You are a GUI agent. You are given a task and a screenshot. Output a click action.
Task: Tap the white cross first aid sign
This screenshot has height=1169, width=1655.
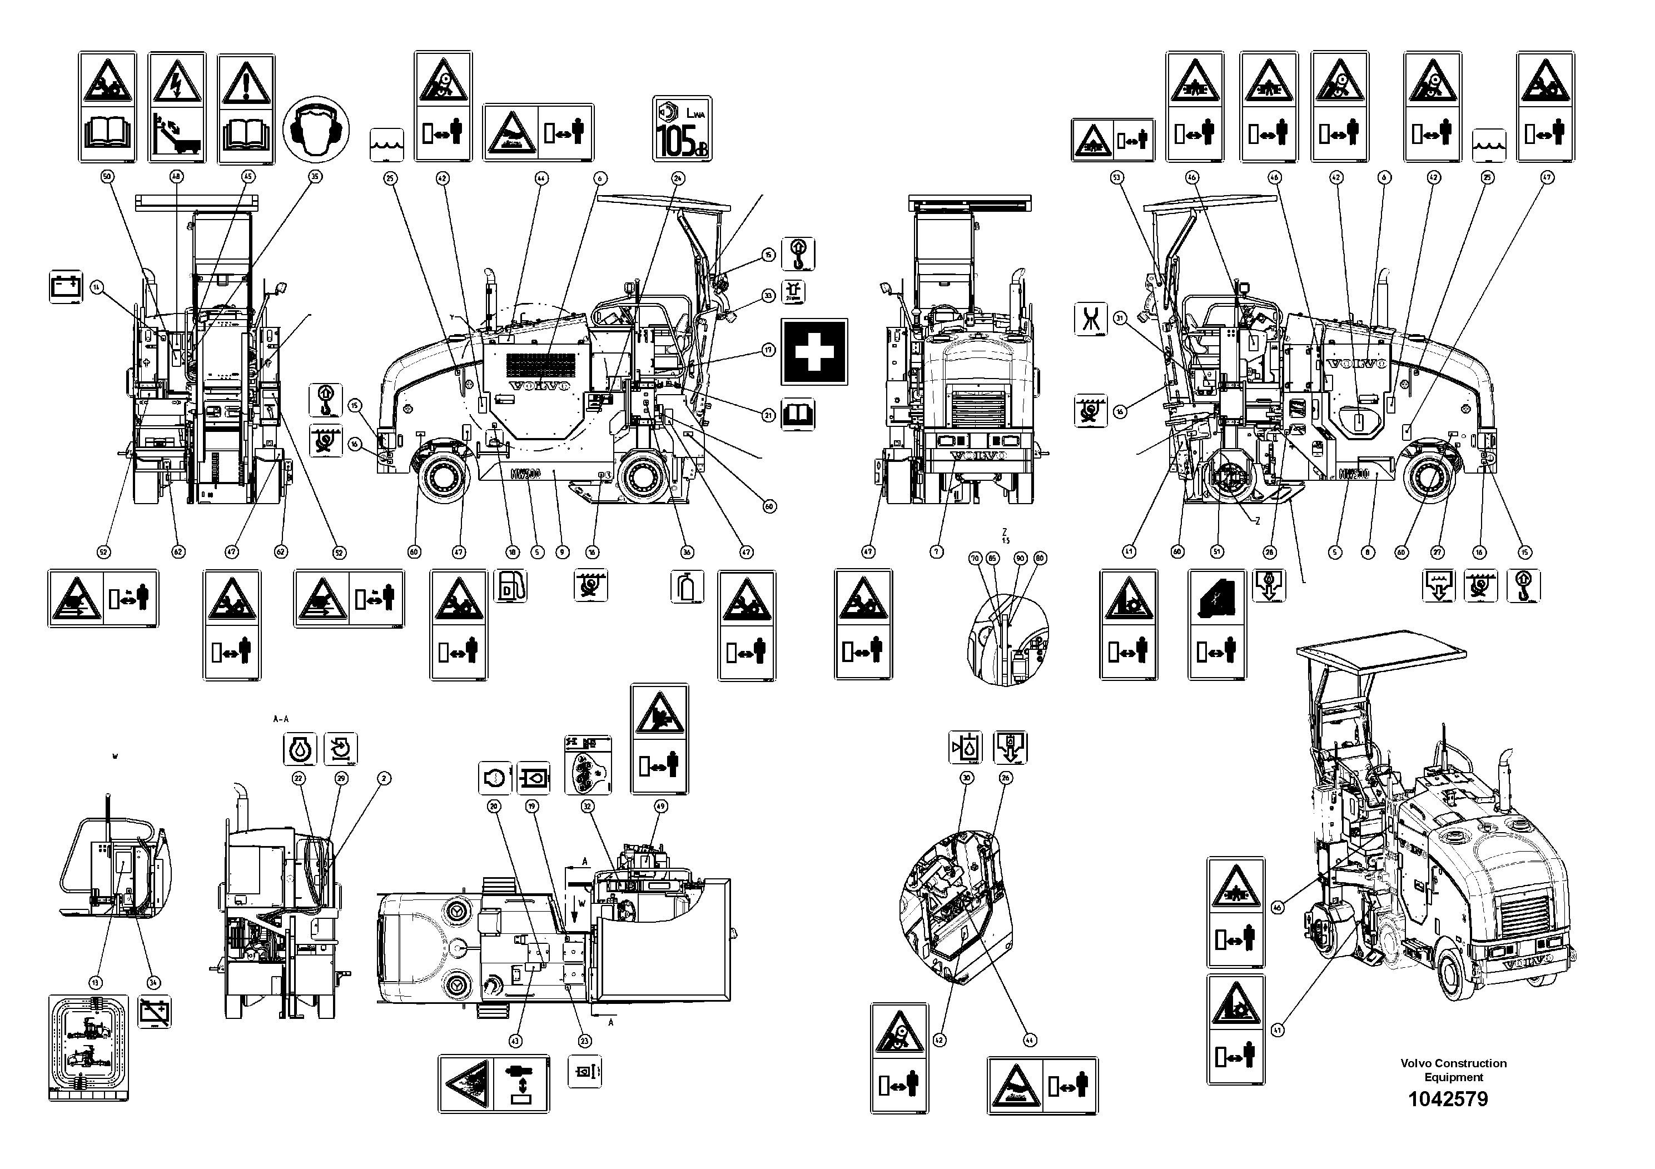click(x=814, y=352)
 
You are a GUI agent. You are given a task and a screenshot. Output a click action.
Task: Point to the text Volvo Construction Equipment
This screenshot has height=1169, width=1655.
click(x=1453, y=1069)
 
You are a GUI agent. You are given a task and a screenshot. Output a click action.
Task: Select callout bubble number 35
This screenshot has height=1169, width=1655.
click(x=314, y=177)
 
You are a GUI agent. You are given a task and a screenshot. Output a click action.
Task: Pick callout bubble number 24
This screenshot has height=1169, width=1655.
click(x=678, y=177)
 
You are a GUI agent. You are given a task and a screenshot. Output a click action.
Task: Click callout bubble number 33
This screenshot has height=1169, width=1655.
click(x=768, y=295)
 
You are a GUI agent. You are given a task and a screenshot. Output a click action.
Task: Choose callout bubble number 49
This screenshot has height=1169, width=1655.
click(x=660, y=807)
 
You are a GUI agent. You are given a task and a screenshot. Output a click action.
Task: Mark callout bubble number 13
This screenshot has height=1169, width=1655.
click(x=96, y=982)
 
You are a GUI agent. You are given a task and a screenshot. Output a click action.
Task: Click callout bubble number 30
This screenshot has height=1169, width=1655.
click(x=967, y=778)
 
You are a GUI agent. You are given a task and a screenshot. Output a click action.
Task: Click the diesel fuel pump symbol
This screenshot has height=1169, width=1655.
click(x=510, y=586)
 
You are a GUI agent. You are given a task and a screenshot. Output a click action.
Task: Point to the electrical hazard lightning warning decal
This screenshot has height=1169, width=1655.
click(x=177, y=107)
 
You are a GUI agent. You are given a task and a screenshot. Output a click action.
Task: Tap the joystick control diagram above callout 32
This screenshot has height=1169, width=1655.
click(x=588, y=765)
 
